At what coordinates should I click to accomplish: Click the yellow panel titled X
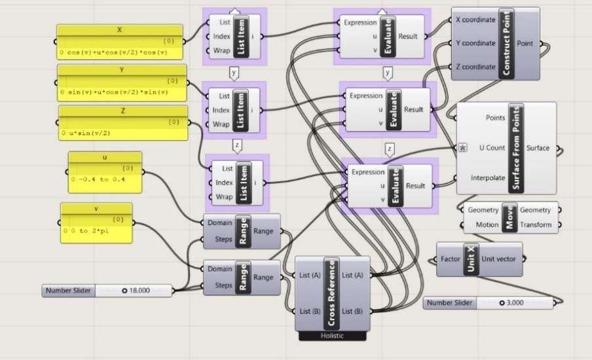[x=120, y=42]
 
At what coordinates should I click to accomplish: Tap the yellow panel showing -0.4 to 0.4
[x=105, y=172]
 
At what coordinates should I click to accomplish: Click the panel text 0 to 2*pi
[x=89, y=230]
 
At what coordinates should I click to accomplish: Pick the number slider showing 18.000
[x=107, y=291]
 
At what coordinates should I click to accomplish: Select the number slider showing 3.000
[x=489, y=302]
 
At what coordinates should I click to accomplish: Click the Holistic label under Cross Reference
[x=332, y=336]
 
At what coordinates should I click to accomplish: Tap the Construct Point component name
[x=506, y=44]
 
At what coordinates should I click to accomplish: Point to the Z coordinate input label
[x=475, y=67]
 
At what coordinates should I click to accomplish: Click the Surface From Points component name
[x=516, y=149]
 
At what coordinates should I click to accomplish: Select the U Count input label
[x=492, y=148]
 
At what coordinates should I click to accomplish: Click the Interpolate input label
[x=488, y=178]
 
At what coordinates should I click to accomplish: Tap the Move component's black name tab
[x=509, y=217]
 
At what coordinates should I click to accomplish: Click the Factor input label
[x=451, y=259]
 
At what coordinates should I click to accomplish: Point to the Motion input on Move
[x=487, y=225]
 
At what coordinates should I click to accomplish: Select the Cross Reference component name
[x=332, y=293]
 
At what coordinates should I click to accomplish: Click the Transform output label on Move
[x=536, y=225]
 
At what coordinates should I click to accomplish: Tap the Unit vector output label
[x=498, y=259]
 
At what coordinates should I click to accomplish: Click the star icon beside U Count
[x=463, y=147]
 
